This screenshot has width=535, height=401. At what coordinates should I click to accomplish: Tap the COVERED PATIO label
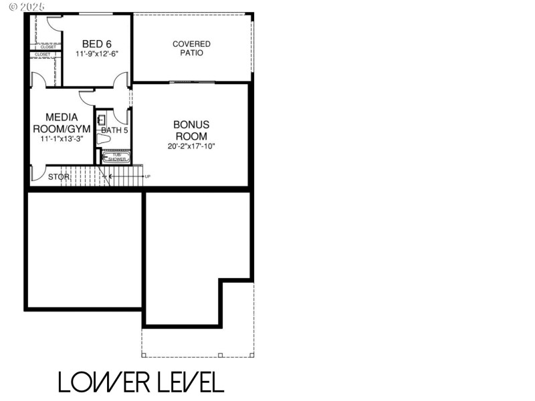click(191, 48)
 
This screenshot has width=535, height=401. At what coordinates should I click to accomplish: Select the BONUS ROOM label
click(191, 130)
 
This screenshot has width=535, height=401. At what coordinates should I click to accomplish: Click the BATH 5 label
click(114, 130)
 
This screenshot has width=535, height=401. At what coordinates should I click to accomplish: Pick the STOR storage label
click(59, 177)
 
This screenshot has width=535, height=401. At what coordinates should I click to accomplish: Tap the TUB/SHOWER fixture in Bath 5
click(116, 157)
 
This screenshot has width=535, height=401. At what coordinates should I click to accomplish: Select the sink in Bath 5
click(101, 120)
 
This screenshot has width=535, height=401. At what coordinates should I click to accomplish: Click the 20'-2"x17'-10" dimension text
click(191, 146)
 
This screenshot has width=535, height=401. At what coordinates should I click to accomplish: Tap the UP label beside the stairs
click(148, 176)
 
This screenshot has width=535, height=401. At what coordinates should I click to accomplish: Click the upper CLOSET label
click(48, 47)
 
